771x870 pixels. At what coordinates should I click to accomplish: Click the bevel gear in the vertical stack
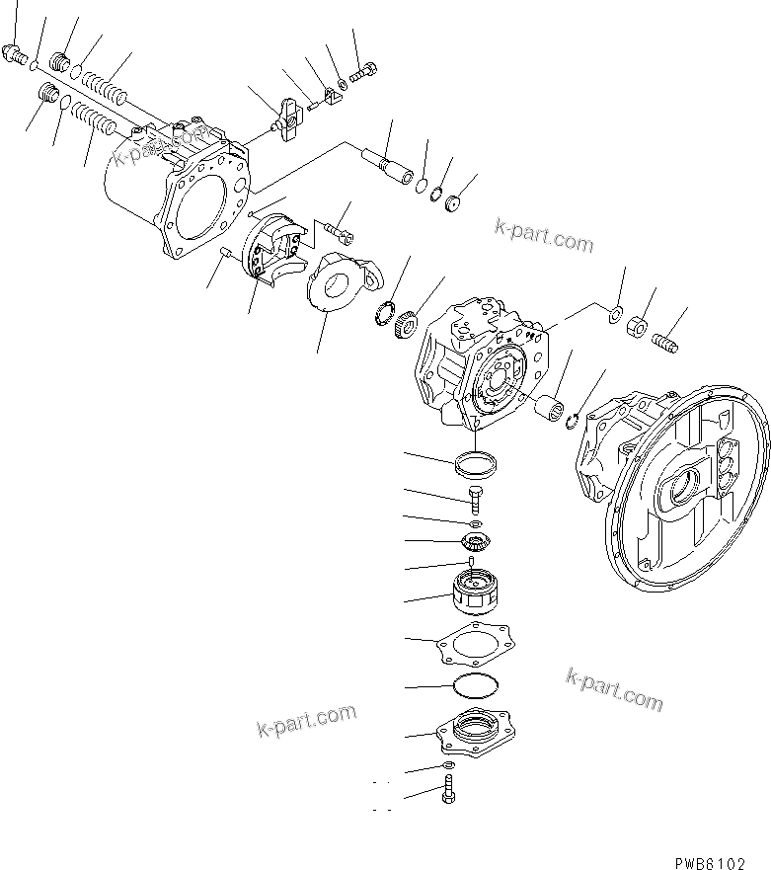475,542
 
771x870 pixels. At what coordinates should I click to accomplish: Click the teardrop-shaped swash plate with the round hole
341,285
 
